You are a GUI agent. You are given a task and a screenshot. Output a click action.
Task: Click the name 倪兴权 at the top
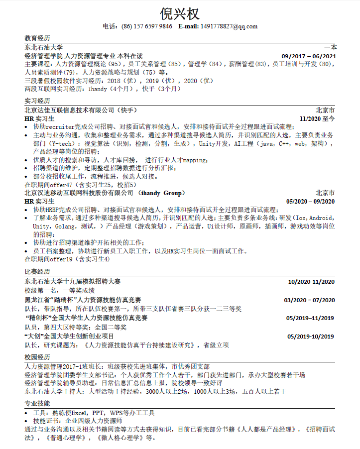180,13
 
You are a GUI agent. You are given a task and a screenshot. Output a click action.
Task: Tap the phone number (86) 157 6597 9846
147,26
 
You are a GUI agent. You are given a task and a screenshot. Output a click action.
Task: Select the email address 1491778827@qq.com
229,26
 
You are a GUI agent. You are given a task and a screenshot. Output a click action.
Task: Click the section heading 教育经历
37,38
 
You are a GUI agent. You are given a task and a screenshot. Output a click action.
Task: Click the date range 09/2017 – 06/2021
309,56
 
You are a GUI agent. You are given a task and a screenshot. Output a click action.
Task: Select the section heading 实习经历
37,101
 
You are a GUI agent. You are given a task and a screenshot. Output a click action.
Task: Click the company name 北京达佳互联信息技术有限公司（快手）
80,110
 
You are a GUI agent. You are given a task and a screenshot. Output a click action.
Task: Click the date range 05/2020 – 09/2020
311,202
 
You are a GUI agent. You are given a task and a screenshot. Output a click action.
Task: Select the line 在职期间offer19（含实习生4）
67,259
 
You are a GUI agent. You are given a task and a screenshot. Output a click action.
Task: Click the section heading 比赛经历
37,272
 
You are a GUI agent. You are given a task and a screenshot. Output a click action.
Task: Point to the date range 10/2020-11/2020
311,282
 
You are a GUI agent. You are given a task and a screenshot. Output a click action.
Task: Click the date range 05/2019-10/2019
310,336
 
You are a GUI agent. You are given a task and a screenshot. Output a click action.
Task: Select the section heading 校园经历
37,357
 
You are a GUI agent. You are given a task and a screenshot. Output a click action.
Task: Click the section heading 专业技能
37,404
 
